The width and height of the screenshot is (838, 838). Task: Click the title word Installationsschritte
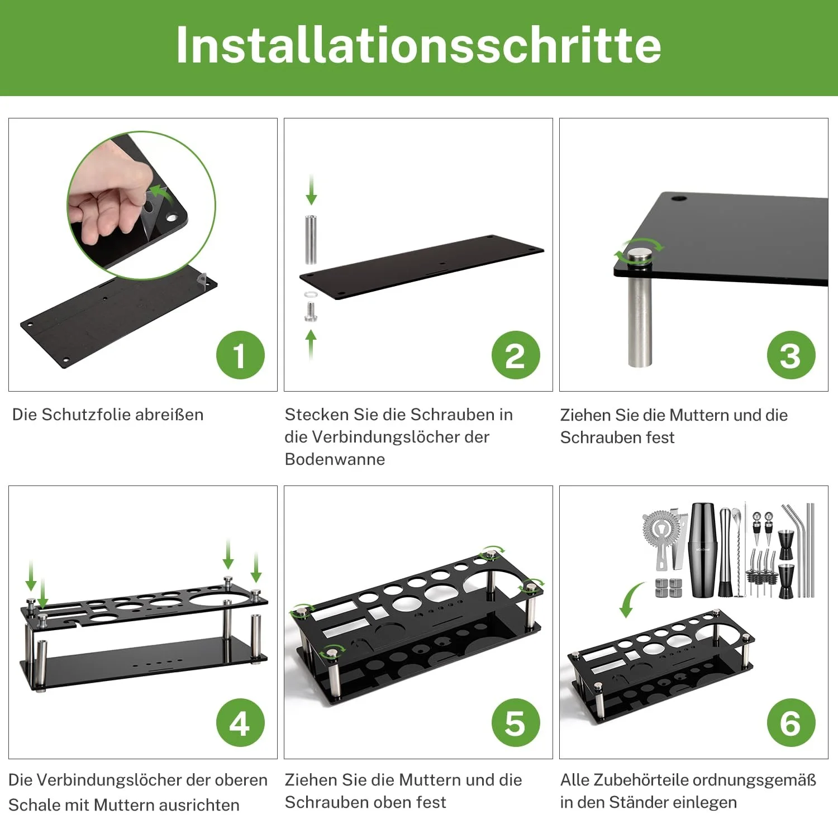[418, 45]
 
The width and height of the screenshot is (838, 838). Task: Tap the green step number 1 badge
[240, 355]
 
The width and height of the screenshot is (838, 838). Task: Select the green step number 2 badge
[516, 355]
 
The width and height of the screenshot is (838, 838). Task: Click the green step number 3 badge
[791, 355]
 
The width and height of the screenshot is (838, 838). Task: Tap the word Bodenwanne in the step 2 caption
[335, 459]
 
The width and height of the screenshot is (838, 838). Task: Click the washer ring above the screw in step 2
[311, 294]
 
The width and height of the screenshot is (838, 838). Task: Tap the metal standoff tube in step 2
[311, 239]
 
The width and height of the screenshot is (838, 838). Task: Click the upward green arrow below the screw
[311, 344]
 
